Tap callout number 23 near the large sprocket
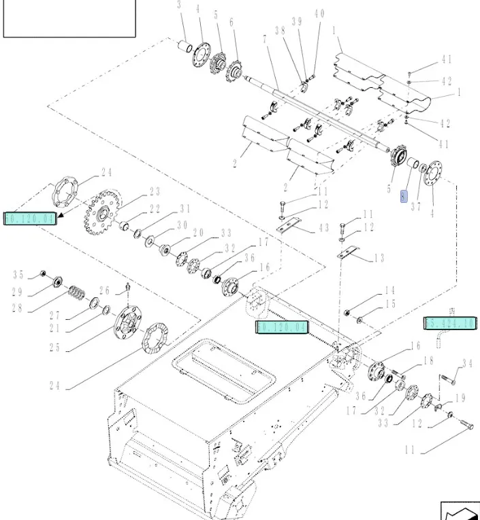click(155, 192)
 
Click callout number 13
click(379, 258)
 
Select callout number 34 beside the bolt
click(466, 363)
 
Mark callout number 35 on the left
click(18, 275)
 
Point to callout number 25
click(54, 347)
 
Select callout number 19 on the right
click(460, 399)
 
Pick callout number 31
click(185, 208)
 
